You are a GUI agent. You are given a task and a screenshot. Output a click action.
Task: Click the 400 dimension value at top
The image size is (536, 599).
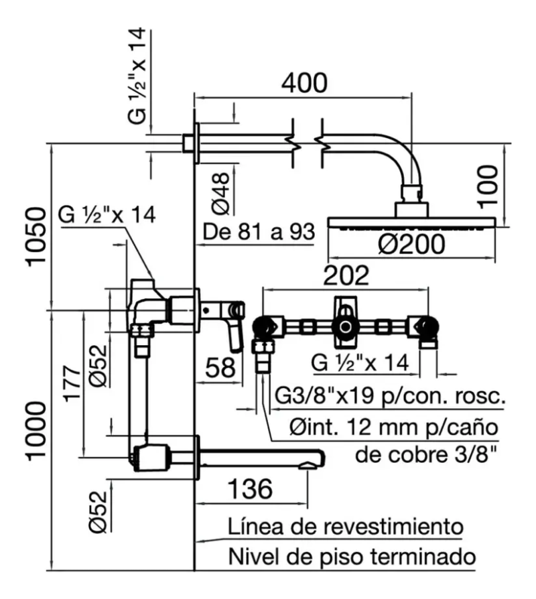coord(304,82)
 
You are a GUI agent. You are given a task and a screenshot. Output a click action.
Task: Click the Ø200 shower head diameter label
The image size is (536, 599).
coord(411,245)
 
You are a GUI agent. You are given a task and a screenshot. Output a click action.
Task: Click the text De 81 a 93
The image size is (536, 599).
coord(259,232)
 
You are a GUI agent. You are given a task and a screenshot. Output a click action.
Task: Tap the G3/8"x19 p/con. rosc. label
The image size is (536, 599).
coord(389,397)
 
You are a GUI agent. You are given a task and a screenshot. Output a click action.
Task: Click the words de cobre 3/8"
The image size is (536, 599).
coord(427,455)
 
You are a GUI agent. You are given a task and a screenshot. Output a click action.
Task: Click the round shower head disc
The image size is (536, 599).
coord(411,223)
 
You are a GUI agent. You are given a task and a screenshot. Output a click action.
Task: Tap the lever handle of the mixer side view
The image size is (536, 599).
coord(234,332)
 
